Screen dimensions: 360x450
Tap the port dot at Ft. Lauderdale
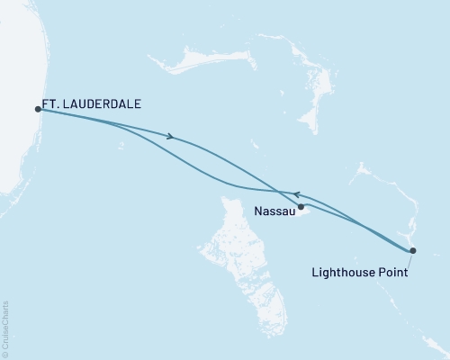tap(38, 109)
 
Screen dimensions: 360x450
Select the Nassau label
tap(274, 213)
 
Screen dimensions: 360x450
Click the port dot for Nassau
tap(301, 207)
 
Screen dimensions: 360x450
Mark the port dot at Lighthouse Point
tap(412, 250)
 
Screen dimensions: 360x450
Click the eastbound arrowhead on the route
tap(169, 138)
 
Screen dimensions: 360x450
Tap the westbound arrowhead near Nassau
tap(296, 194)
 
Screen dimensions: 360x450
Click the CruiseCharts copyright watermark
tap(5, 328)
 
